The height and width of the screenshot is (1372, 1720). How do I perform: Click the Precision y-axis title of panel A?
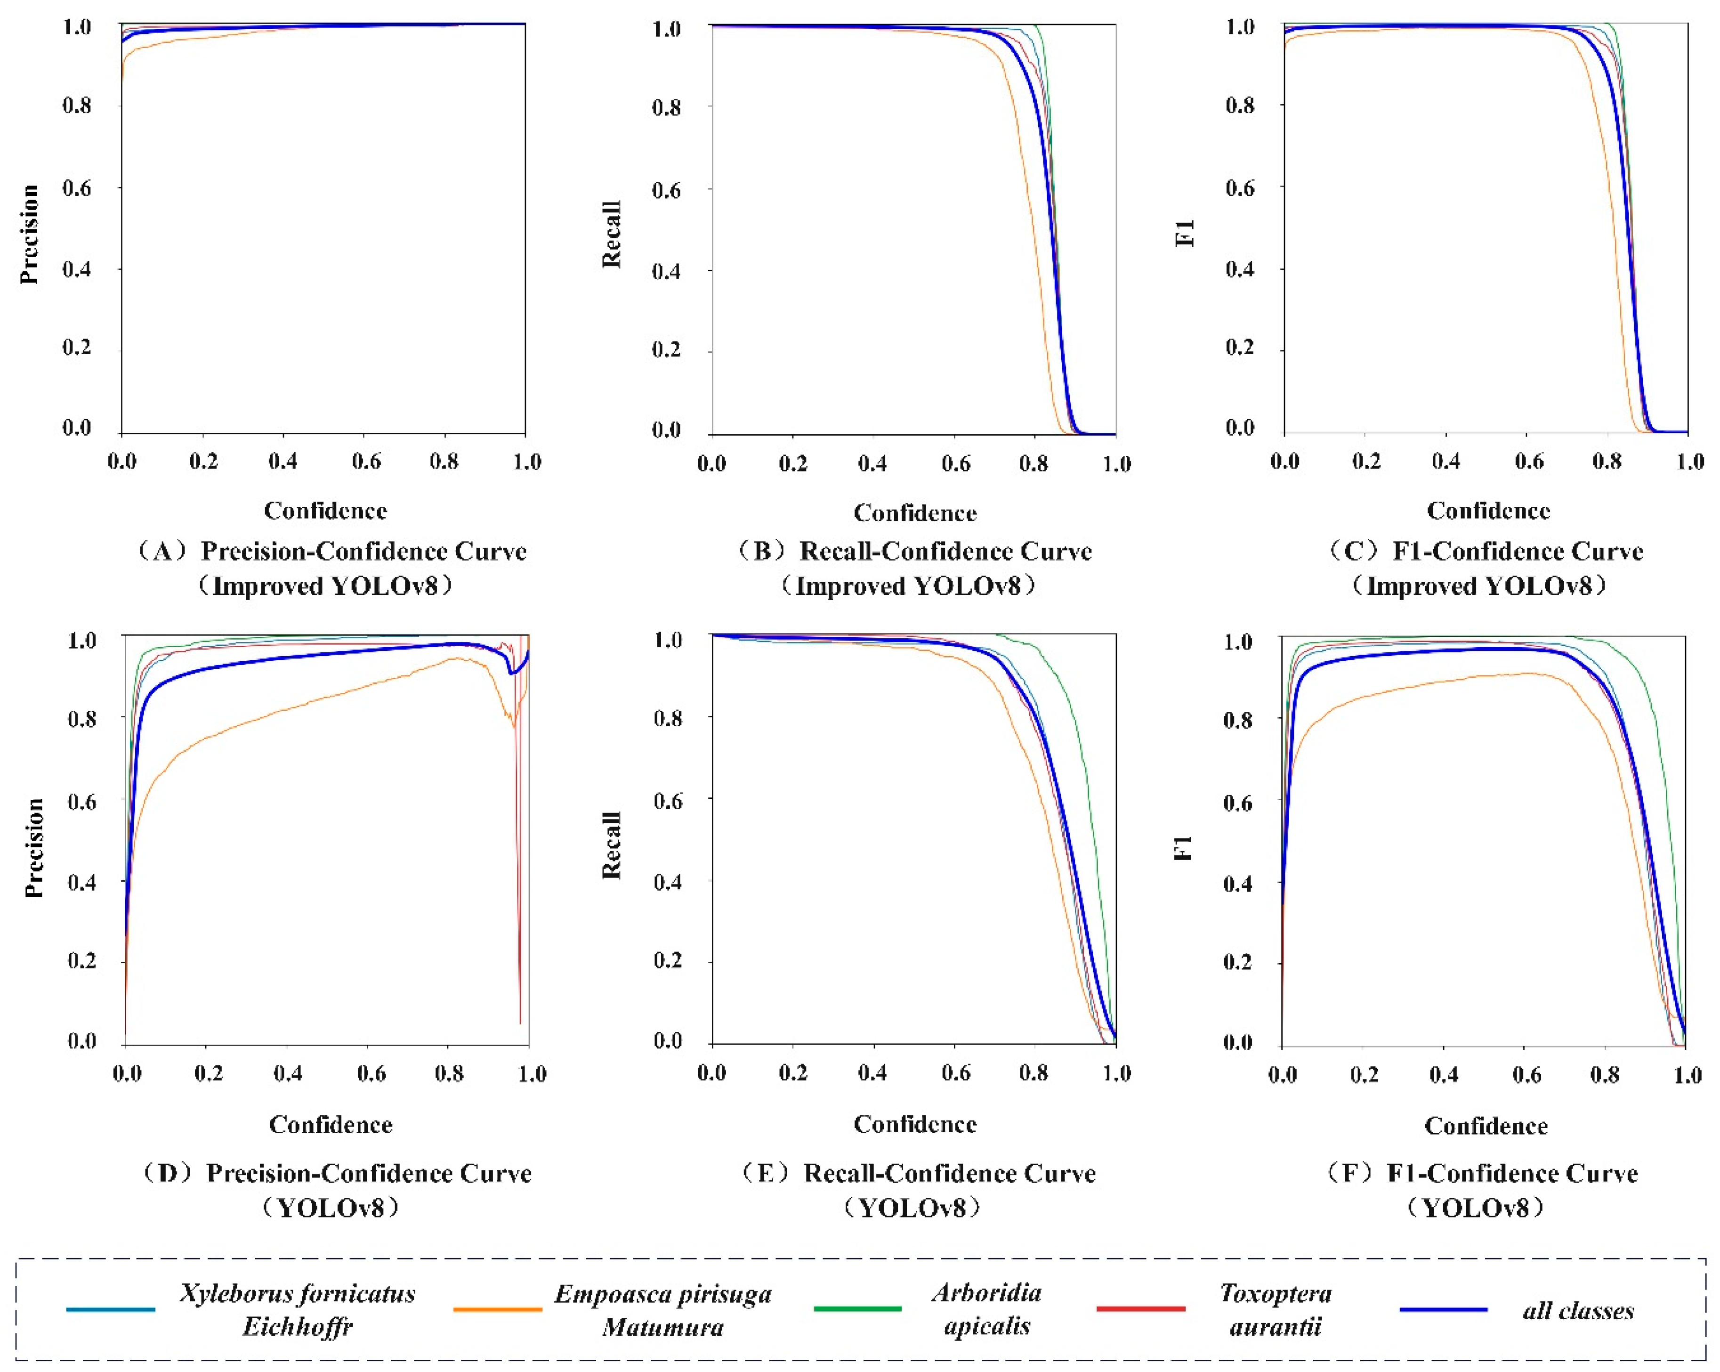pyautogui.click(x=30, y=234)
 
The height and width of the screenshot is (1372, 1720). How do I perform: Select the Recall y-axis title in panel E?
pyautogui.click(x=611, y=845)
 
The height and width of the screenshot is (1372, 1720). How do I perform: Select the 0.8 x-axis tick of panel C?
pyautogui.click(x=1607, y=461)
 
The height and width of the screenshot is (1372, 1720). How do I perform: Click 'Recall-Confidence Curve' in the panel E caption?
pyautogui.click(x=949, y=1173)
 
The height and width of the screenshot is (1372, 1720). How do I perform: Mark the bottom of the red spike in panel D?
pyautogui.click(x=520, y=1023)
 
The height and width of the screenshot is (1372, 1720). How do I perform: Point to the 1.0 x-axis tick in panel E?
pyautogui.click(x=1116, y=1073)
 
